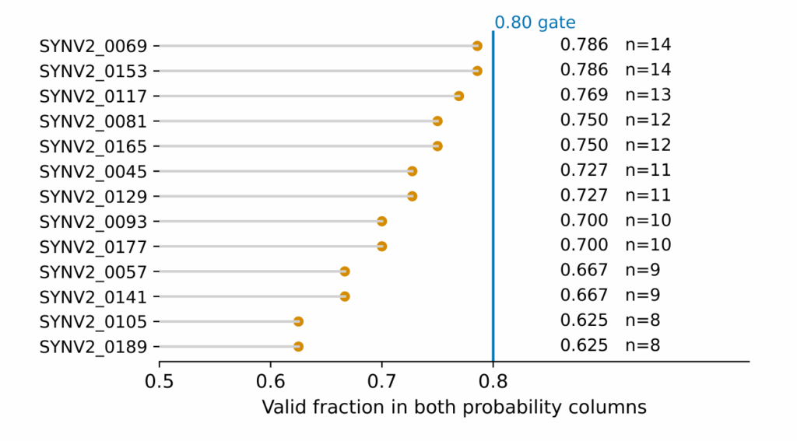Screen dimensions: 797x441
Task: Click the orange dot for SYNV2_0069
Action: tap(477, 46)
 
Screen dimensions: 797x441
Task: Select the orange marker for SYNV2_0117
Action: tap(458, 96)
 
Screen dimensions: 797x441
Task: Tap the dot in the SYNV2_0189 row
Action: tap(298, 347)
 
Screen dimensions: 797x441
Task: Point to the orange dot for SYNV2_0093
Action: tap(381, 222)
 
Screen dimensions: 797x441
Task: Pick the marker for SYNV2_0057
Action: tap(345, 271)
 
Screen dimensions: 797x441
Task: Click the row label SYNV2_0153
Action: tap(93, 72)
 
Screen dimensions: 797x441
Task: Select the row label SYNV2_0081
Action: tap(93, 122)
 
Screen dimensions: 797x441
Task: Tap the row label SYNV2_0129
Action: tap(93, 197)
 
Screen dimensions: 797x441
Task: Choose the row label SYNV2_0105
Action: tap(93, 322)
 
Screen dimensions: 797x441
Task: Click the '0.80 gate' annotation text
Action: tap(535, 23)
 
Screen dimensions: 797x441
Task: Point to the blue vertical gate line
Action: tap(493, 196)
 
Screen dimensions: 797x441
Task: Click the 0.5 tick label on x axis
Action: tap(159, 381)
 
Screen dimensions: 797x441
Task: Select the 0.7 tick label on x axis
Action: tap(381, 381)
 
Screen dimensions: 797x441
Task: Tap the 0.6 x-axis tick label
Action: tap(270, 381)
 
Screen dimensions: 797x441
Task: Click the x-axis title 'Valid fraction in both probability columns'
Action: tap(454, 408)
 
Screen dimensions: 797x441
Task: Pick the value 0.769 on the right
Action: tap(584, 95)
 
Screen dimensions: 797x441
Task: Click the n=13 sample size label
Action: tap(648, 95)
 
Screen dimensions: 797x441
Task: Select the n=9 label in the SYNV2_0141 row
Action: tap(642, 296)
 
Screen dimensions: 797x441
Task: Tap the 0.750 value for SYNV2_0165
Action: tap(584, 145)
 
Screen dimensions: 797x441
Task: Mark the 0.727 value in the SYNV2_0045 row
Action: tap(584, 170)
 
